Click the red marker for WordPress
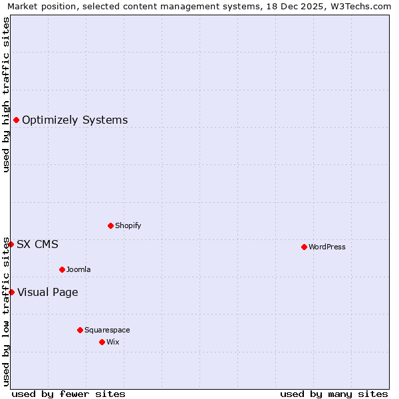(x=304, y=247)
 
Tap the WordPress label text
(x=327, y=247)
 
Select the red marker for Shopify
(x=110, y=225)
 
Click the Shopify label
(x=128, y=226)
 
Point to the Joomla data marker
(x=62, y=269)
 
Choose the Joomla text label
(x=78, y=270)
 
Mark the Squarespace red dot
(x=80, y=330)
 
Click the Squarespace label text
(x=107, y=331)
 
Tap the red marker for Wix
(x=102, y=342)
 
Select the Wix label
(x=112, y=342)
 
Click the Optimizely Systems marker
(x=16, y=120)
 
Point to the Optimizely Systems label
(x=74, y=120)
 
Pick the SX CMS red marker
(x=11, y=244)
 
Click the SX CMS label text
(x=37, y=245)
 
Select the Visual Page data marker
(x=11, y=292)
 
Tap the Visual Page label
(x=47, y=293)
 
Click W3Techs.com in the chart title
(x=360, y=7)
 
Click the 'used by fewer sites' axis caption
(x=68, y=394)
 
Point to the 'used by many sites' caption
(x=334, y=394)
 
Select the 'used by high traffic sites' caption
(x=6, y=94)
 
